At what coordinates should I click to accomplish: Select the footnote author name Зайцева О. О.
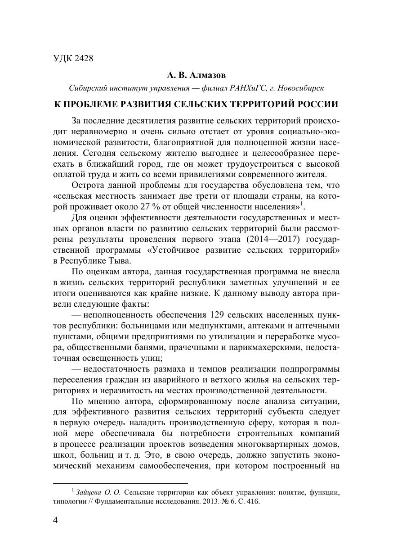(x=98, y=492)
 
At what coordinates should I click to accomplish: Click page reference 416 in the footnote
(x=253, y=501)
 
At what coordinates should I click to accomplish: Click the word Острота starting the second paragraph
(x=87, y=185)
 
